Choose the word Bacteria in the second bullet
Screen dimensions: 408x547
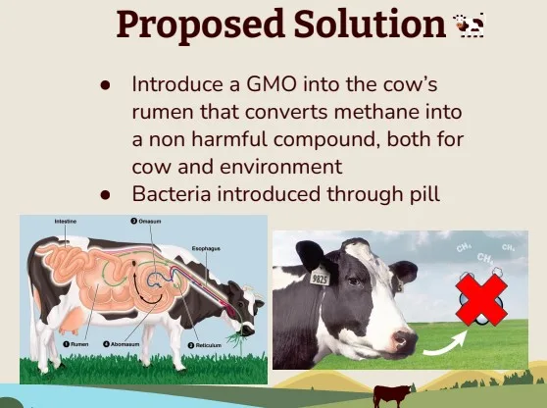(x=170, y=194)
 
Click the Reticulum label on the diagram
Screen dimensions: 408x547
(x=210, y=345)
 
